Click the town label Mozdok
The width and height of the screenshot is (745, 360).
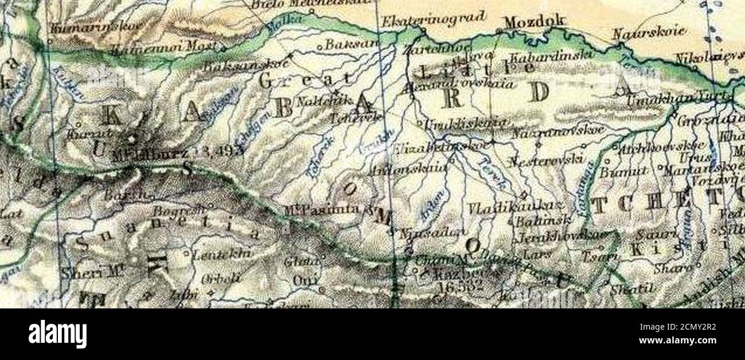[x=534, y=22]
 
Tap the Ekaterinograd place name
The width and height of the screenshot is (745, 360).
[x=434, y=19]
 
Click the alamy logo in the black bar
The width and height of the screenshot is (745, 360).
[x=58, y=334]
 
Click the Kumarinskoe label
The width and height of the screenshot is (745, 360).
[x=80, y=27]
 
